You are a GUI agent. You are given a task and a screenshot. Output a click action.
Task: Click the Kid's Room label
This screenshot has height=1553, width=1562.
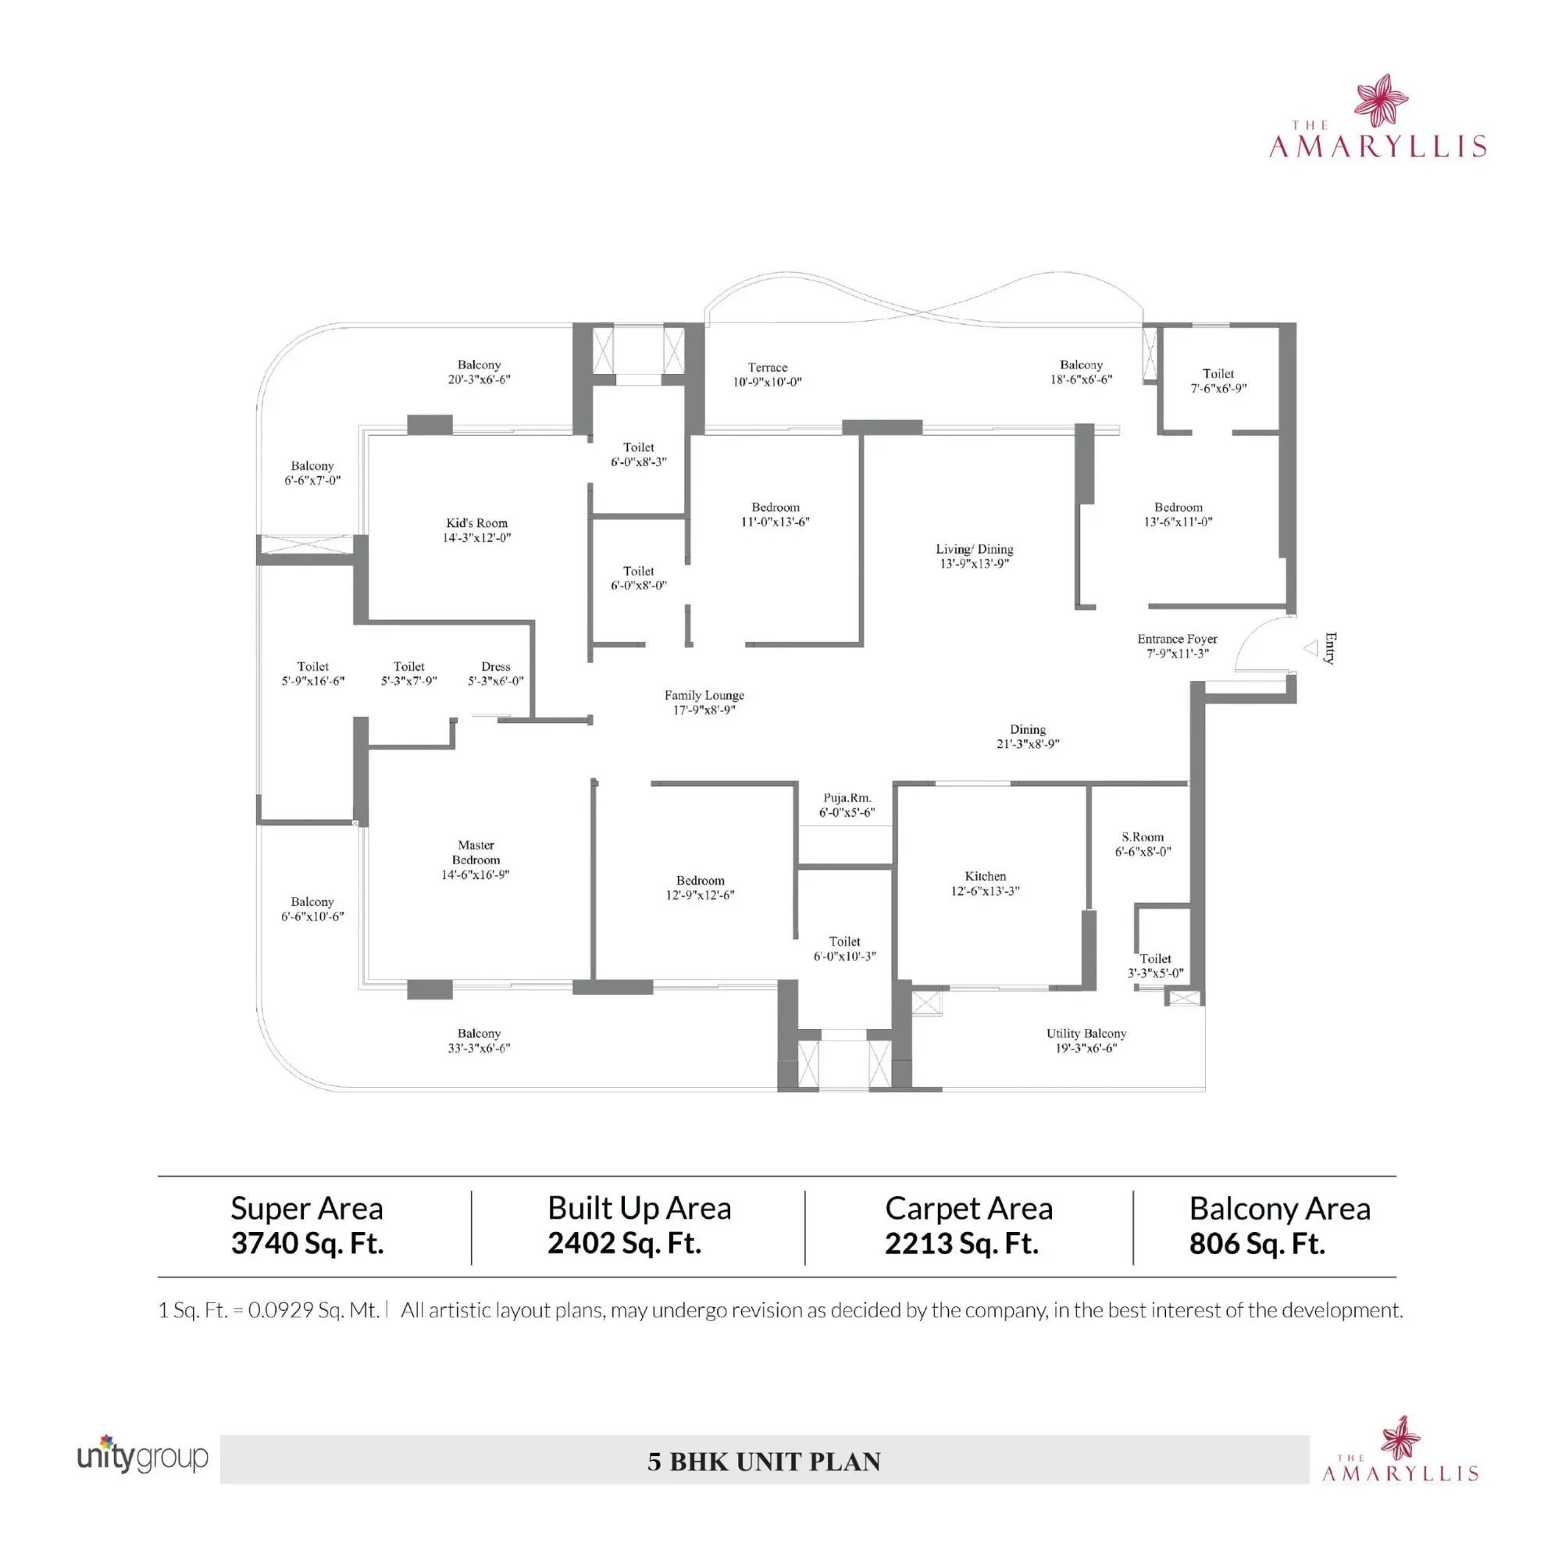tap(476, 523)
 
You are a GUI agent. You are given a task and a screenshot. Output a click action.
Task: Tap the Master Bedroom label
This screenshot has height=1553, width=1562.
tap(476, 852)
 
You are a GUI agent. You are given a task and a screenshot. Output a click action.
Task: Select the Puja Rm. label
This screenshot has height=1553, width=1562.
tap(847, 798)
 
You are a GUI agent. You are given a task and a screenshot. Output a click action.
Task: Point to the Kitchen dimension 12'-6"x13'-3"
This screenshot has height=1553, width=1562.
tap(985, 891)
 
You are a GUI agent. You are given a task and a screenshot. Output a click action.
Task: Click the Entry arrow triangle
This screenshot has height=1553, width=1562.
tap(1311, 647)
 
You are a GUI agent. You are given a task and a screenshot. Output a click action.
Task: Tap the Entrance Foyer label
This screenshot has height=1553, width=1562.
tap(1176, 639)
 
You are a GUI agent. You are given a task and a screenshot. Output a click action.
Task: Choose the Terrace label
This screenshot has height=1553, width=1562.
tap(766, 367)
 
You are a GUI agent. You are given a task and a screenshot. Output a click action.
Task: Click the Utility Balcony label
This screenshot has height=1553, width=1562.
tap(1085, 1033)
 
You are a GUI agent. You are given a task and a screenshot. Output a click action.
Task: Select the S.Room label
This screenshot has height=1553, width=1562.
tap(1142, 837)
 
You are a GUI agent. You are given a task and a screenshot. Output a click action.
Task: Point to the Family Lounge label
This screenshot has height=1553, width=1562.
tap(704, 695)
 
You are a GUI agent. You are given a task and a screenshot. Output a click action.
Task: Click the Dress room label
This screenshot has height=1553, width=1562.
tap(495, 666)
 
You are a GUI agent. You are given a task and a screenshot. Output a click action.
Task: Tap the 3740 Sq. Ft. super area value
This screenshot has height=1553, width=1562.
tap(307, 1243)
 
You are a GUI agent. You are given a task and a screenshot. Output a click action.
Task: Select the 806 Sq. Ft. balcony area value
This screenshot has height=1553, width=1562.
tap(1257, 1243)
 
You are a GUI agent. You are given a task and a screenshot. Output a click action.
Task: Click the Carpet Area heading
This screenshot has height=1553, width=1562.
tap(968, 1209)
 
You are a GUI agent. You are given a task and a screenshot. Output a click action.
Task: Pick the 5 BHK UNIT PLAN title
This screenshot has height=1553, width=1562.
tap(763, 1462)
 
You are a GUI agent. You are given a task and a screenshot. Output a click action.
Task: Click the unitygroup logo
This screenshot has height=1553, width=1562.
tap(142, 1455)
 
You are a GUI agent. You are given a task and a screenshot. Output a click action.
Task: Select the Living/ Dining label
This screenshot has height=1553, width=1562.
tap(973, 549)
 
